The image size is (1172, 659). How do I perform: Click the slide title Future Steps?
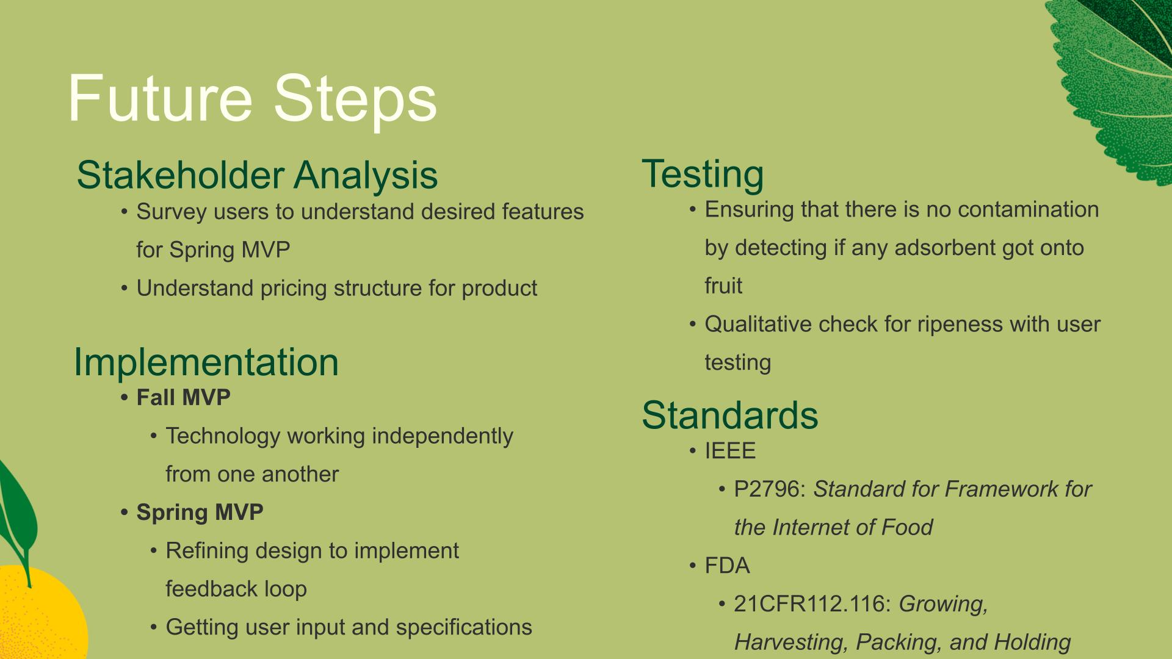(x=252, y=99)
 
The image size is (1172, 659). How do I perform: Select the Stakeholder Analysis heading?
(x=257, y=176)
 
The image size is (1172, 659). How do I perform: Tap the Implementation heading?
(x=206, y=362)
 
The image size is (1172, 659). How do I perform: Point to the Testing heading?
(x=703, y=175)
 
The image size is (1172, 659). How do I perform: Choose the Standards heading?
(x=730, y=415)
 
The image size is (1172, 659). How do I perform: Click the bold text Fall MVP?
(x=183, y=398)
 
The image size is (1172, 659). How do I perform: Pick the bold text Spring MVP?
(x=200, y=513)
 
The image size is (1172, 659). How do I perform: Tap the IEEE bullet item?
(x=730, y=451)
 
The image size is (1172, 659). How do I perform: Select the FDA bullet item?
(x=727, y=566)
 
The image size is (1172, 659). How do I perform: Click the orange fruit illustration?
(x=37, y=613)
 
